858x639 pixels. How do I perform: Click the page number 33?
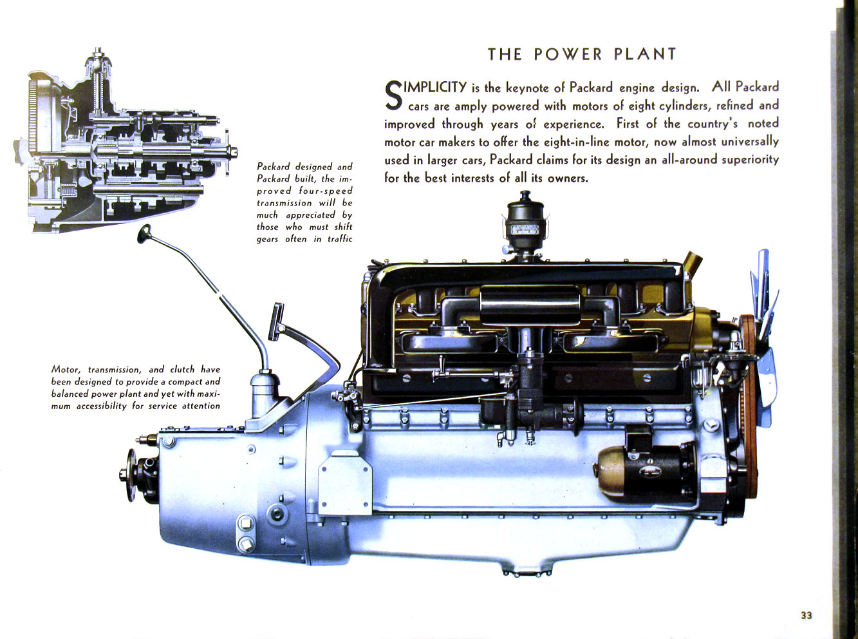tap(806, 615)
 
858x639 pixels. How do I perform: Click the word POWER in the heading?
tap(568, 54)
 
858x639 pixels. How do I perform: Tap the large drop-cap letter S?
tap(393, 95)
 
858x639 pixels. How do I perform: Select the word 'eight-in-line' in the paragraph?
tap(566, 142)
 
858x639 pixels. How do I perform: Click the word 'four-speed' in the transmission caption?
tap(326, 191)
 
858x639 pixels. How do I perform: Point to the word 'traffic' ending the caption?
tap(340, 239)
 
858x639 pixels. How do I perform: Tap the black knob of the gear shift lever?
tap(144, 234)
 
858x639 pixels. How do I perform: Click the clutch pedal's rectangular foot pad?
tap(277, 321)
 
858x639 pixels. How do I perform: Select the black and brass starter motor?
tap(644, 472)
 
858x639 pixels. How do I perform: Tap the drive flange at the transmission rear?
tap(131, 475)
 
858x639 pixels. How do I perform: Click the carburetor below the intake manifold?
tap(525, 399)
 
